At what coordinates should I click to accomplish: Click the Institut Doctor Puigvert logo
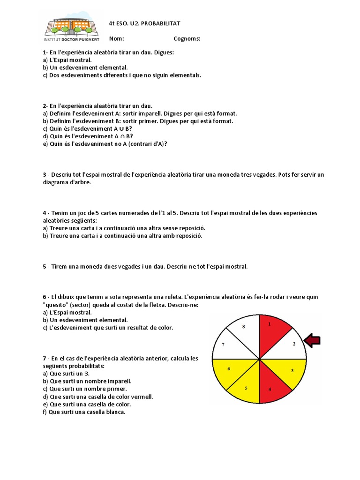click(x=71, y=28)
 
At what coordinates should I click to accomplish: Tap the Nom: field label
click(x=117, y=39)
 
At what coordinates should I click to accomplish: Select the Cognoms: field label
click(x=187, y=39)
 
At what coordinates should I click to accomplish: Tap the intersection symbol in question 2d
click(x=121, y=136)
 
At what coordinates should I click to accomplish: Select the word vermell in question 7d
click(x=142, y=397)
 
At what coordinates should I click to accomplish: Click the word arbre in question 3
click(x=82, y=182)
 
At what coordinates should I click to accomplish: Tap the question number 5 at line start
click(x=45, y=266)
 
